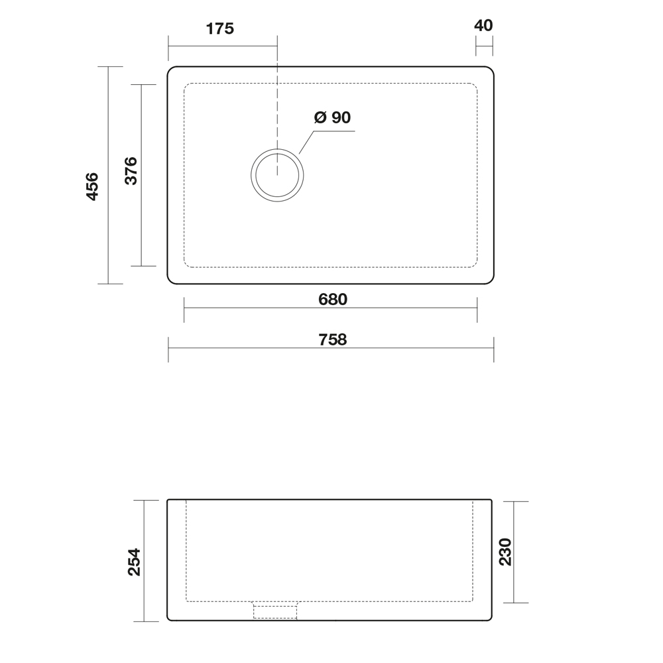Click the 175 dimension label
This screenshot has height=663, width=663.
click(x=220, y=29)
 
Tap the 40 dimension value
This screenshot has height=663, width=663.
click(x=483, y=25)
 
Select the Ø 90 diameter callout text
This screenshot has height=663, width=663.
click(x=332, y=117)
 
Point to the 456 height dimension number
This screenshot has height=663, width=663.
click(x=92, y=186)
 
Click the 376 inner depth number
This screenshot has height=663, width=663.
click(x=131, y=171)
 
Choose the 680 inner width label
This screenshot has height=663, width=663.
click(x=333, y=300)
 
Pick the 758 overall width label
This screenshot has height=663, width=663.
click(x=333, y=339)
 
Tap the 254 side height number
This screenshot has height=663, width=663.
click(x=135, y=562)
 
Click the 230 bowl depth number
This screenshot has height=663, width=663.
click(x=505, y=552)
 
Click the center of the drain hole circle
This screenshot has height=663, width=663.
click(x=277, y=175)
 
